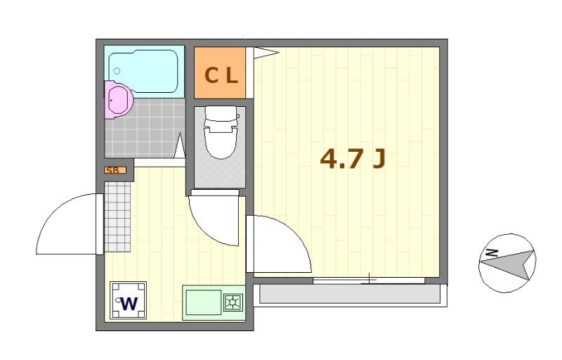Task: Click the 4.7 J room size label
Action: coord(353,160)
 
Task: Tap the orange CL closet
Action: coord(220,74)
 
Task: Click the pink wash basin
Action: coord(117,100)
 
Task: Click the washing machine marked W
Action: coord(128,300)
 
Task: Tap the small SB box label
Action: coord(115,170)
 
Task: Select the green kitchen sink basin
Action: coord(203,303)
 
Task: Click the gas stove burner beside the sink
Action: coord(233,303)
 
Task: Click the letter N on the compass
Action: coord(492,251)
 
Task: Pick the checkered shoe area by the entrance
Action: coord(117,217)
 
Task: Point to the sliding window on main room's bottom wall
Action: coord(369,280)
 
